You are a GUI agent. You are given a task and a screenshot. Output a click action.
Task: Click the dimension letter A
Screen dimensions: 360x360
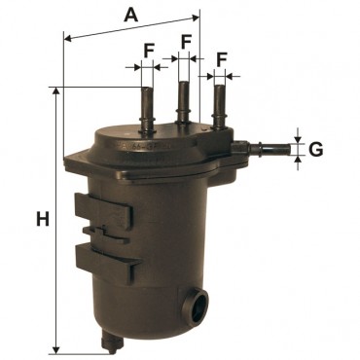coord(130,15)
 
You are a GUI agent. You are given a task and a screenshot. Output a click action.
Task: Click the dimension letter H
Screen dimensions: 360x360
coord(43,219)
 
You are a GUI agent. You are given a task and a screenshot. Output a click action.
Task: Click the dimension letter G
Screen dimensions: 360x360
coord(315,149)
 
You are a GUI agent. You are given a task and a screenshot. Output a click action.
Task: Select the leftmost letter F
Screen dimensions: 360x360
coord(148,51)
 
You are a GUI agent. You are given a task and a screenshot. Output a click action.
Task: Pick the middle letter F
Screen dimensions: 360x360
coord(186,42)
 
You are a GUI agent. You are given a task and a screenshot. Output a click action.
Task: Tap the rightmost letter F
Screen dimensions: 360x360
coord(221,59)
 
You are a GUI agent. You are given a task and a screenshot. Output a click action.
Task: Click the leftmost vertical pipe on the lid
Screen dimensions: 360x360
coord(147,109)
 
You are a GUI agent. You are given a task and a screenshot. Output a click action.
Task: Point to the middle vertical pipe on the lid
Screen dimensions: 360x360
coord(184,102)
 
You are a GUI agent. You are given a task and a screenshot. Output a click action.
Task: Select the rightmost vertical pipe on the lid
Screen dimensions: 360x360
coord(219,106)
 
